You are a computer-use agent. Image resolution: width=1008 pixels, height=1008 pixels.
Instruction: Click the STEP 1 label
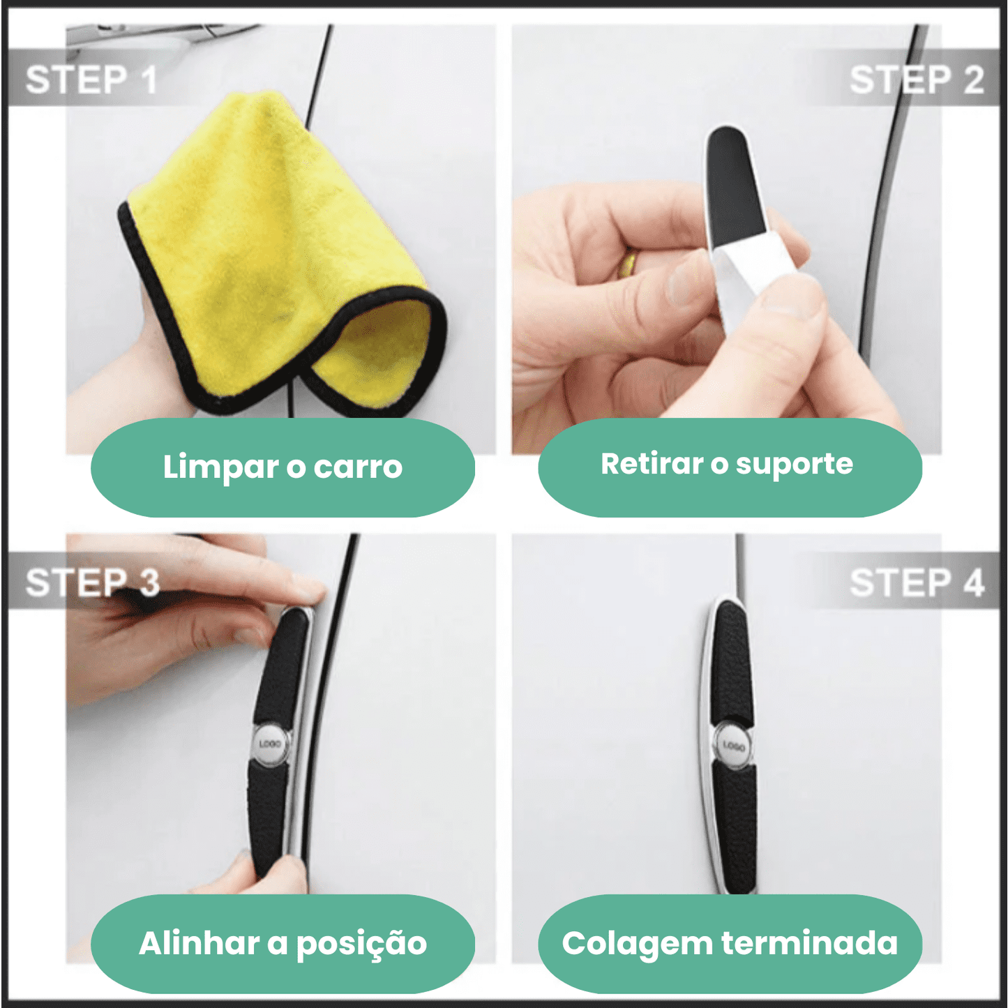91,80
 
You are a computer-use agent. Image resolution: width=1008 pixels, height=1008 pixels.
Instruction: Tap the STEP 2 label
916,80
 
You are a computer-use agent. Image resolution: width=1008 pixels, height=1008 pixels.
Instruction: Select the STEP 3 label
92,582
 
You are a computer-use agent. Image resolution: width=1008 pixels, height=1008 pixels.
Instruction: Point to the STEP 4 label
916,582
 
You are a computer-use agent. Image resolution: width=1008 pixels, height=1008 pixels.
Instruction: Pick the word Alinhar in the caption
200,943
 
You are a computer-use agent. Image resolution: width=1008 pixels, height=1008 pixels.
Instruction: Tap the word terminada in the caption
809,943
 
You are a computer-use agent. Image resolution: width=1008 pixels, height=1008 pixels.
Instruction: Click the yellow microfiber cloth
279,251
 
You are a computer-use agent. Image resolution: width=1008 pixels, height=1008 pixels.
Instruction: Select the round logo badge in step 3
269,744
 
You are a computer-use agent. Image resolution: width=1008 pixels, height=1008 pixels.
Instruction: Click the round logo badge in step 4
732,746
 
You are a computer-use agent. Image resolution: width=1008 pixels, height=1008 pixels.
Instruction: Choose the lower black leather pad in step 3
266,816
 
